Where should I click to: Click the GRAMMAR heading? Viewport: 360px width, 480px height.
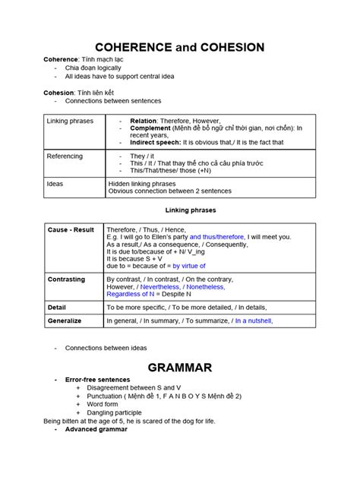pos(179,368)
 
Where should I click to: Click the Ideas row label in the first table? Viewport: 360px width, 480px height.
pos(54,183)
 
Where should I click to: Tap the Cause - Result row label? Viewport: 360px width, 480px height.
pos(71,228)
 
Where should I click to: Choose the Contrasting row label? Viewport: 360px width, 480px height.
pos(66,279)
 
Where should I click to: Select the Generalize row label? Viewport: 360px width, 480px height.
pos(64,321)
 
